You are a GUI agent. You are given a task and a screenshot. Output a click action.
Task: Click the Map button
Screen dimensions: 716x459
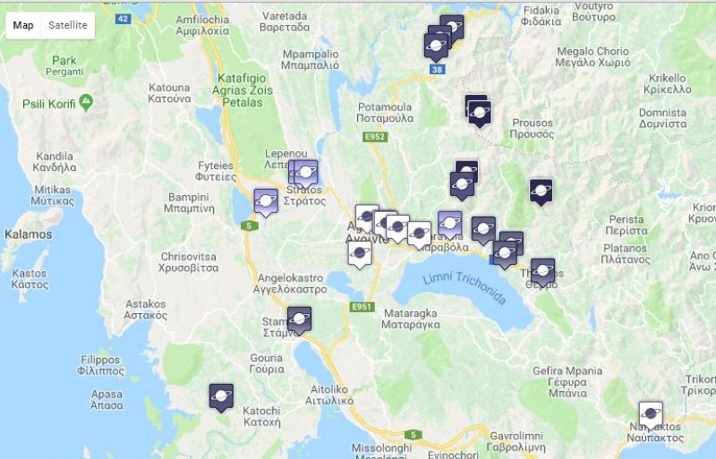(x=23, y=25)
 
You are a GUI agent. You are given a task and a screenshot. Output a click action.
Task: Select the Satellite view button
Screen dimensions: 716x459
(x=68, y=25)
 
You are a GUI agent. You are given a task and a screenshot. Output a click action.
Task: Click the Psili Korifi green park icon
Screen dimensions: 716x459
(x=86, y=102)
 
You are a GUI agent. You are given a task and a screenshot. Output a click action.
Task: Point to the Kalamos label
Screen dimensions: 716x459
(x=28, y=234)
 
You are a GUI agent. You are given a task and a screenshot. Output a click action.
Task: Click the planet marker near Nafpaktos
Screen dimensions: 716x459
(x=651, y=415)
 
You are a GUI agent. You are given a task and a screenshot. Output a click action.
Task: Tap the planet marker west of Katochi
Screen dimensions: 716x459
(x=221, y=395)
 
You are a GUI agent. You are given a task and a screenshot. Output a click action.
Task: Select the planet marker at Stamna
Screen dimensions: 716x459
(x=299, y=319)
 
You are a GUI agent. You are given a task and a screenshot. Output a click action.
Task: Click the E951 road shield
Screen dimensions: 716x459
(x=362, y=307)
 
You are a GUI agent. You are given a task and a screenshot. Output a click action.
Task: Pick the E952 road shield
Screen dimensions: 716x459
(x=374, y=137)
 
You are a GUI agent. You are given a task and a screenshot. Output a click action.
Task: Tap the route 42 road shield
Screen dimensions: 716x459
(x=124, y=18)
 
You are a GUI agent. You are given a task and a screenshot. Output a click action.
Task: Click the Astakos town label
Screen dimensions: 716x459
(x=146, y=309)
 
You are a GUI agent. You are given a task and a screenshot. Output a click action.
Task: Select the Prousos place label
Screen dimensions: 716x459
(x=532, y=128)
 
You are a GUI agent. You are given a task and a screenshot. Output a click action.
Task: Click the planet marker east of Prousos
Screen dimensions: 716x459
(x=541, y=191)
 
